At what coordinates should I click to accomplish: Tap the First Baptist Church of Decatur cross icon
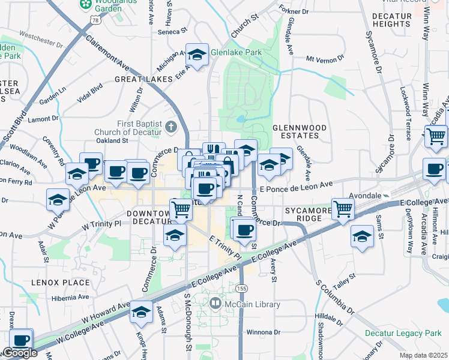(171, 127)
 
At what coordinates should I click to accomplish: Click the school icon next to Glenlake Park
(196, 56)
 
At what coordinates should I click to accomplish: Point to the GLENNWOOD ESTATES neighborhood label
(299, 132)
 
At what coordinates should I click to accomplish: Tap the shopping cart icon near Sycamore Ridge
(343, 210)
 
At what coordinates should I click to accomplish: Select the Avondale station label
(366, 196)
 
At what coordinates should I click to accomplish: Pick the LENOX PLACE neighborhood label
(61, 282)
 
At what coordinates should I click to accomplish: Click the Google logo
(20, 353)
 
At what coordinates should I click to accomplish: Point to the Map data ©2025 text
(424, 355)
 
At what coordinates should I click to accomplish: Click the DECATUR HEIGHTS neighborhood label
(391, 20)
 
